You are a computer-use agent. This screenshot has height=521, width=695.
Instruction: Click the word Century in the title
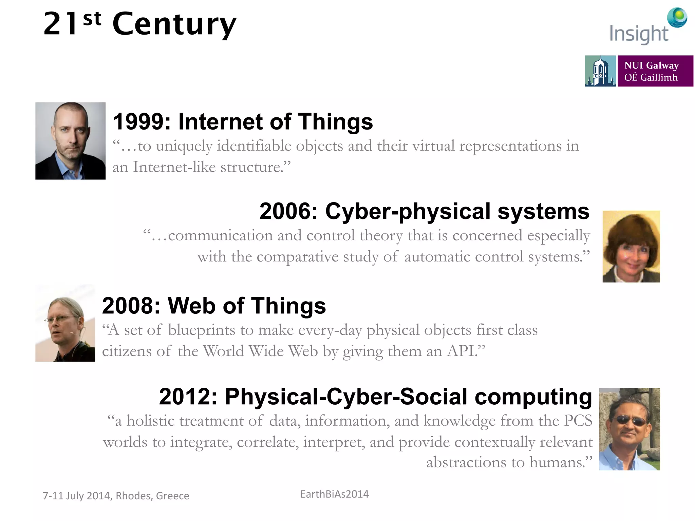[x=174, y=24]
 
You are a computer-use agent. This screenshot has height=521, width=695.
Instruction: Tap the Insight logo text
[x=638, y=34]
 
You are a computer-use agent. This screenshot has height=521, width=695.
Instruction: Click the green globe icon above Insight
[x=677, y=17]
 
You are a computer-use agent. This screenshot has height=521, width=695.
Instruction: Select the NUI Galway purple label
[x=655, y=71]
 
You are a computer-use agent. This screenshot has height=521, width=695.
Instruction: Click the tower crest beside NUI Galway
[x=600, y=71]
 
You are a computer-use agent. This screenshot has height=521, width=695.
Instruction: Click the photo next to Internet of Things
[x=70, y=141]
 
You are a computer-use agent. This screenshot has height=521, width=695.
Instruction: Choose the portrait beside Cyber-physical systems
[x=631, y=246]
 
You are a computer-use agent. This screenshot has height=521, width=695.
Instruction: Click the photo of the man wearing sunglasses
[x=629, y=429]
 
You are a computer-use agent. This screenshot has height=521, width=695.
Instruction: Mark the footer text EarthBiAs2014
[x=334, y=494]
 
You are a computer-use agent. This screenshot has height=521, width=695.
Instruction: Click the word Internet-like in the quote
[x=174, y=167]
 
